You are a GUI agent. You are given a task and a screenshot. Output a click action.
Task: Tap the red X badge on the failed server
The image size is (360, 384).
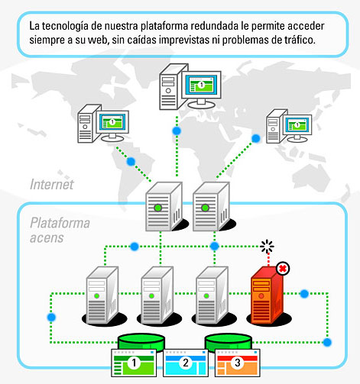point(283,269)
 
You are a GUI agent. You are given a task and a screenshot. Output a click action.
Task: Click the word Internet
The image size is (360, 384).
point(52,184)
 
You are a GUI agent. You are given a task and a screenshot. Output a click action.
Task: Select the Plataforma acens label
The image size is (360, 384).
point(60,230)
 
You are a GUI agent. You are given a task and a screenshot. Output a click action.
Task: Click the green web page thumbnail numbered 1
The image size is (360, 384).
point(134,363)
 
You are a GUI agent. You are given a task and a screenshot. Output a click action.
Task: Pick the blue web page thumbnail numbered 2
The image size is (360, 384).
point(186,363)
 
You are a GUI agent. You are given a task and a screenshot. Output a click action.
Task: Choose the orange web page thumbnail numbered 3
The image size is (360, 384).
point(238,363)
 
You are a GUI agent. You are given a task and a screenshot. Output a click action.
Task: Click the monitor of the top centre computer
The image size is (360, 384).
point(201,86)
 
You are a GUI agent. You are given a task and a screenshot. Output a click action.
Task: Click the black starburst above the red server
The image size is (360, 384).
point(267,247)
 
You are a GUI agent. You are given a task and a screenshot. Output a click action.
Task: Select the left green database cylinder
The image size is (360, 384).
point(141,343)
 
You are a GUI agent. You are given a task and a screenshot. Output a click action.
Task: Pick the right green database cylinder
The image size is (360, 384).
point(229,343)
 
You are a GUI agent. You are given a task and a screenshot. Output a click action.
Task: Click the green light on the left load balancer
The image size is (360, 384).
point(158,208)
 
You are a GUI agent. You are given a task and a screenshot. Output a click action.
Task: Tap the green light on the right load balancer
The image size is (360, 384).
point(205,208)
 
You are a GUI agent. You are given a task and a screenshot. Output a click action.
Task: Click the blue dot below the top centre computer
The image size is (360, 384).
point(177,131)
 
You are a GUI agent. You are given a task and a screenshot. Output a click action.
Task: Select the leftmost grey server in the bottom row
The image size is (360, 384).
point(102,295)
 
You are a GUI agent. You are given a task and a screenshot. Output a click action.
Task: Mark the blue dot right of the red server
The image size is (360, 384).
point(304,294)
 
